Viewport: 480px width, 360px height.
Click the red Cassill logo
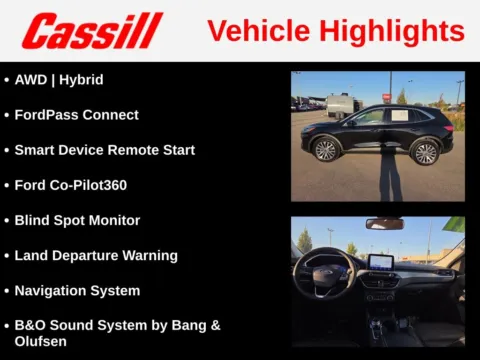[x=92, y=30]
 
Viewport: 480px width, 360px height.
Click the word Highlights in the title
[x=396, y=31]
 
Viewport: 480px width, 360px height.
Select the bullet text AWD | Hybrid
[x=59, y=79]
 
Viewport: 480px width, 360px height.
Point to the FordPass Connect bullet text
[x=76, y=115]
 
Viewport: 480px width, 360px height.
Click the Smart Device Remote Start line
[x=104, y=150]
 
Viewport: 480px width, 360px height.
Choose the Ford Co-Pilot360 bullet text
[x=70, y=185]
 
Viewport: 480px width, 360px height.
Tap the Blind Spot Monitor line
[x=77, y=220]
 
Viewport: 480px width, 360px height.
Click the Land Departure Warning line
[x=96, y=255]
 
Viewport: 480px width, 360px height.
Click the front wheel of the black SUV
[x=326, y=150]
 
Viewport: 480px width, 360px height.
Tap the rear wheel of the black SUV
[x=426, y=151]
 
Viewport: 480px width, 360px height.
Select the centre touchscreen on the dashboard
[x=381, y=263]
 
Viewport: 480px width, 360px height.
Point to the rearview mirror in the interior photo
[x=384, y=224]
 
